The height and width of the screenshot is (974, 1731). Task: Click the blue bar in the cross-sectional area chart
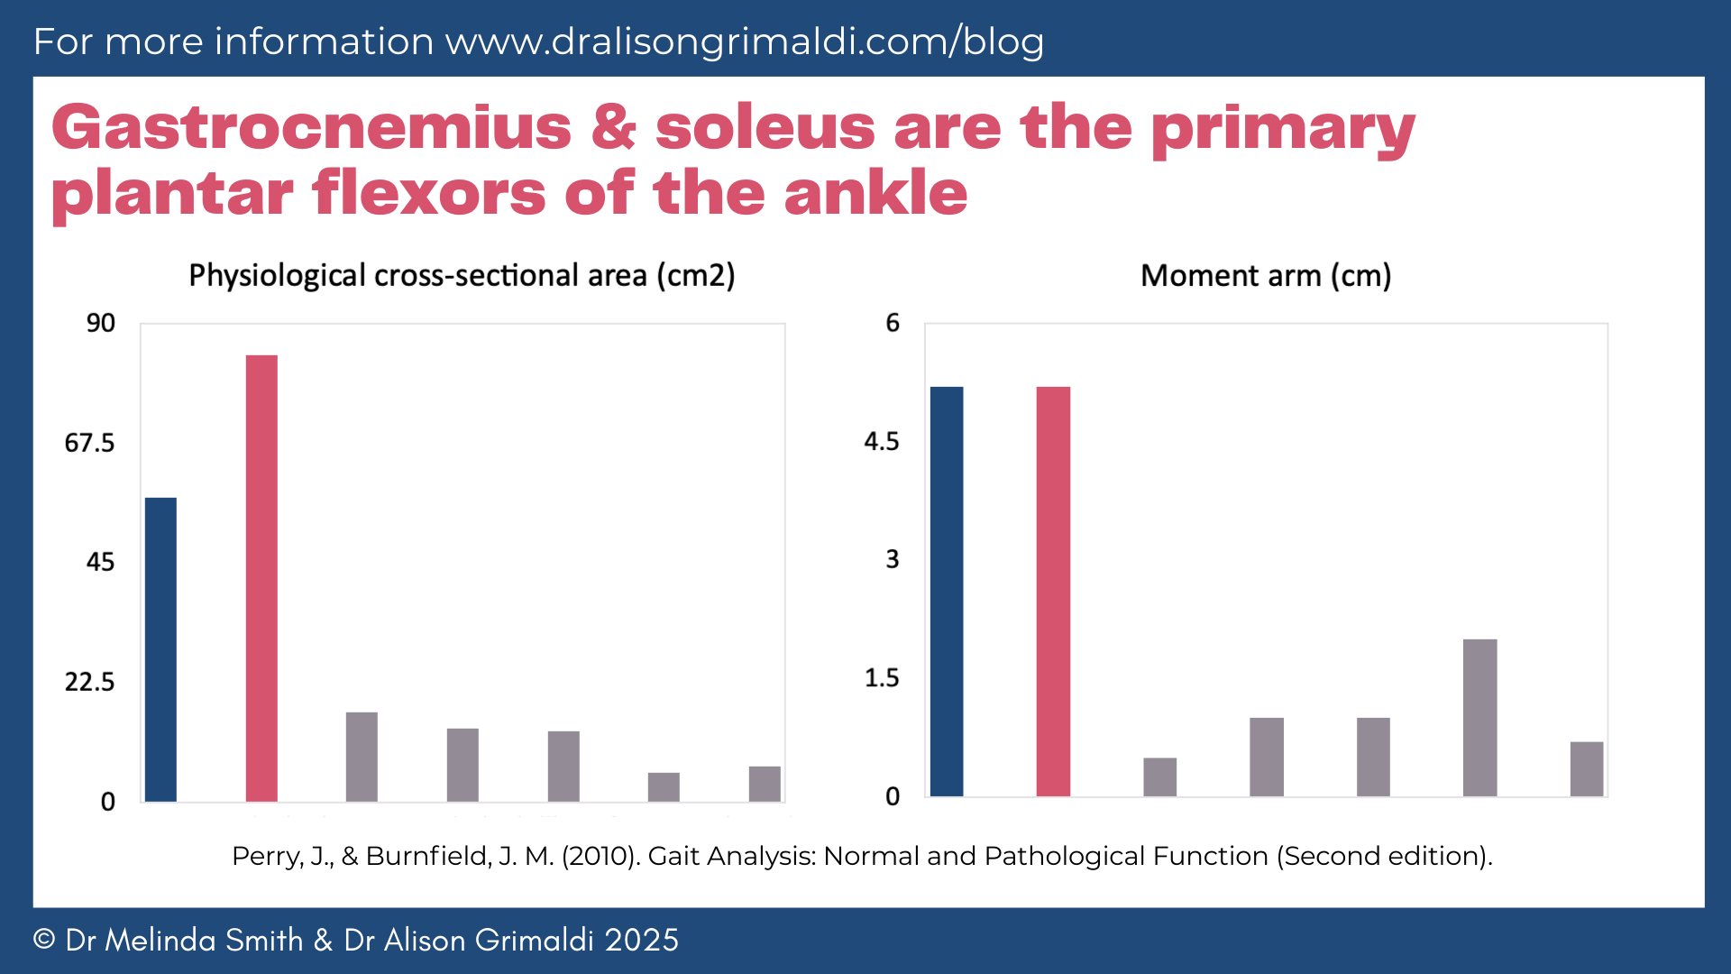tap(160, 649)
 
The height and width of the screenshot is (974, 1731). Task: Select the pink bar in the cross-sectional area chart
tap(261, 577)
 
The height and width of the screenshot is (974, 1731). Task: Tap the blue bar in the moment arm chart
tap(947, 591)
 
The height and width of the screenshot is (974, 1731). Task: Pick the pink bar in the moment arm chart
tap(1053, 591)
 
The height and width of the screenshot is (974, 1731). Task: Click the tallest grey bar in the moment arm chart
tap(1479, 718)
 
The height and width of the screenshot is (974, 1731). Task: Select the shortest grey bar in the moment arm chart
tap(1159, 777)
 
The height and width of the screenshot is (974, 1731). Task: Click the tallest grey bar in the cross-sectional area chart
tap(362, 757)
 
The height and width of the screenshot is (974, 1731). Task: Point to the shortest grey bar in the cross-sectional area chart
tap(664, 787)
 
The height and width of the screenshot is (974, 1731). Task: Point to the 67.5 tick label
tap(89, 443)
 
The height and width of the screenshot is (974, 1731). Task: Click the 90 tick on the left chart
tap(101, 323)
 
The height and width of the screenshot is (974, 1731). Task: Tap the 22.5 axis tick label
tap(89, 682)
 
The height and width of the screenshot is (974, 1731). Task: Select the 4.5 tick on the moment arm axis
tap(882, 441)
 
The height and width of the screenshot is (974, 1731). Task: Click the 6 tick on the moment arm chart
tap(893, 323)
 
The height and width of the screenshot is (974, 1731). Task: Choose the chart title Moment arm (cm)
tap(1266, 275)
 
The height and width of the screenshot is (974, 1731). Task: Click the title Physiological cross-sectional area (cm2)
tap(462, 275)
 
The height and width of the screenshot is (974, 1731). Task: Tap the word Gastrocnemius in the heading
tap(311, 127)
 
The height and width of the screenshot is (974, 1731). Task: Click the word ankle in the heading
tap(875, 193)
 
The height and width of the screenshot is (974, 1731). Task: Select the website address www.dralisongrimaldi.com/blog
tap(745, 41)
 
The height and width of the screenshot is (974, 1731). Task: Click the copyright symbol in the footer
tap(44, 940)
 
